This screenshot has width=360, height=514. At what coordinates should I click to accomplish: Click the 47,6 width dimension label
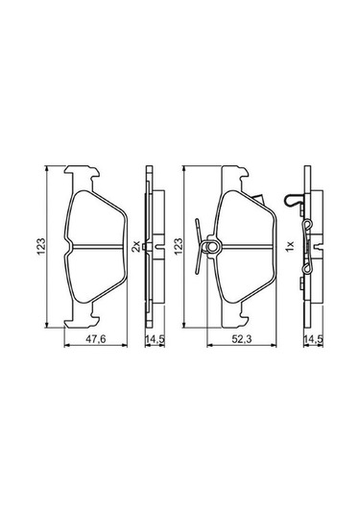pos(95,339)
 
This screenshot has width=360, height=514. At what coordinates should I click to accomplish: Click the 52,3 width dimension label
pos(241,339)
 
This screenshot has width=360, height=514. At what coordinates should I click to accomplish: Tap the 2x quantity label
pos(135,246)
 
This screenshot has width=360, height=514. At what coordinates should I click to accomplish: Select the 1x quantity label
pos(290,246)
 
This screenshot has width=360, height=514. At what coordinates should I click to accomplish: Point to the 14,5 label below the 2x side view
pos(155,339)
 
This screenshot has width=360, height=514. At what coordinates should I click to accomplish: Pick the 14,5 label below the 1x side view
pos(313,339)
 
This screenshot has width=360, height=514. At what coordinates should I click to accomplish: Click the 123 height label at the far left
pos(40,246)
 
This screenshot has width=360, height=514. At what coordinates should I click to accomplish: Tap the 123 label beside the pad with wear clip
pos(179,246)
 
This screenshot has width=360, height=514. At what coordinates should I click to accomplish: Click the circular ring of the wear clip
pos(212,247)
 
